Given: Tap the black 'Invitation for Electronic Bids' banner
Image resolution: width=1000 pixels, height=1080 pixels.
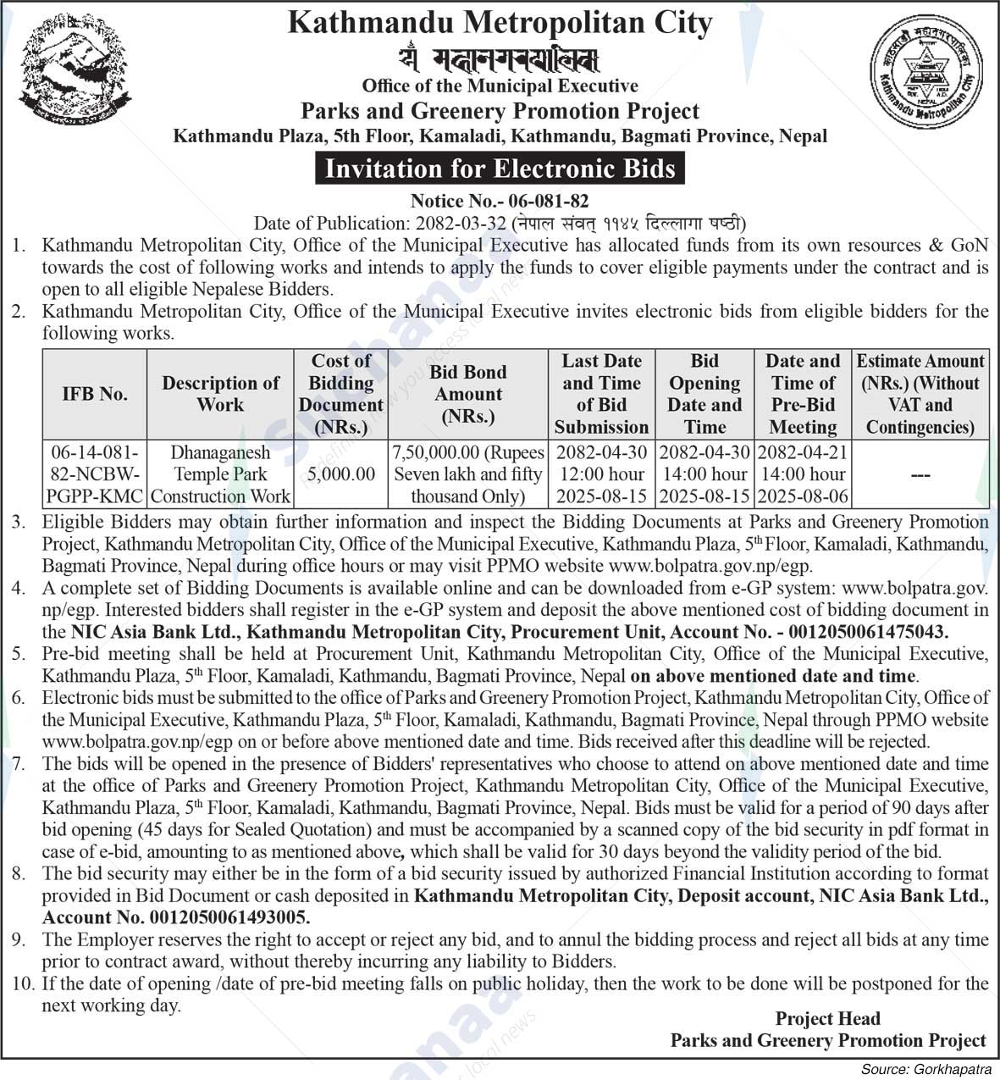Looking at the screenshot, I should [x=500, y=169].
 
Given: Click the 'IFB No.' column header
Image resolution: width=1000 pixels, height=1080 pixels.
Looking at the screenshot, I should [x=94, y=394].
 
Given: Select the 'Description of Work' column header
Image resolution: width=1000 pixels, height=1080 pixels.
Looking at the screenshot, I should [x=220, y=394].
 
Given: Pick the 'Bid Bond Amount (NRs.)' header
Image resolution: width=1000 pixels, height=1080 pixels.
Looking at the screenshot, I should [x=467, y=394].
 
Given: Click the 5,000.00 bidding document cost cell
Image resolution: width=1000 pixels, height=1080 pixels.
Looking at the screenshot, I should [x=340, y=474].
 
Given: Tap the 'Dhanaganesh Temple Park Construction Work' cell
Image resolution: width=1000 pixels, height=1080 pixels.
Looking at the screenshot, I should [x=220, y=474].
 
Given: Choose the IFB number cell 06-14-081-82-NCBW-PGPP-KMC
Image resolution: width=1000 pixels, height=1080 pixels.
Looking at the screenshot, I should [x=94, y=474].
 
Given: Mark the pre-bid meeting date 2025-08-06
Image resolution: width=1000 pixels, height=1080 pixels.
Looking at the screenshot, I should [x=803, y=496].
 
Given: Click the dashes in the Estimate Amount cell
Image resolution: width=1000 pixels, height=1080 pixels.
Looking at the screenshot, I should [x=920, y=475].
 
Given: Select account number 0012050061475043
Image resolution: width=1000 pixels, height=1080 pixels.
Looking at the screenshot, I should [x=867, y=632].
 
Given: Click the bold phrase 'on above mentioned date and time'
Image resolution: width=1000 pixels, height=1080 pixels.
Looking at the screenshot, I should [x=773, y=676].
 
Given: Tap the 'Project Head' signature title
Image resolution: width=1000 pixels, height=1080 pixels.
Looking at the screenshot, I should [x=827, y=1019].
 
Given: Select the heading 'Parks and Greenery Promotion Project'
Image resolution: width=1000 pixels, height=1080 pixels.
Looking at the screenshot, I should [x=500, y=111].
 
